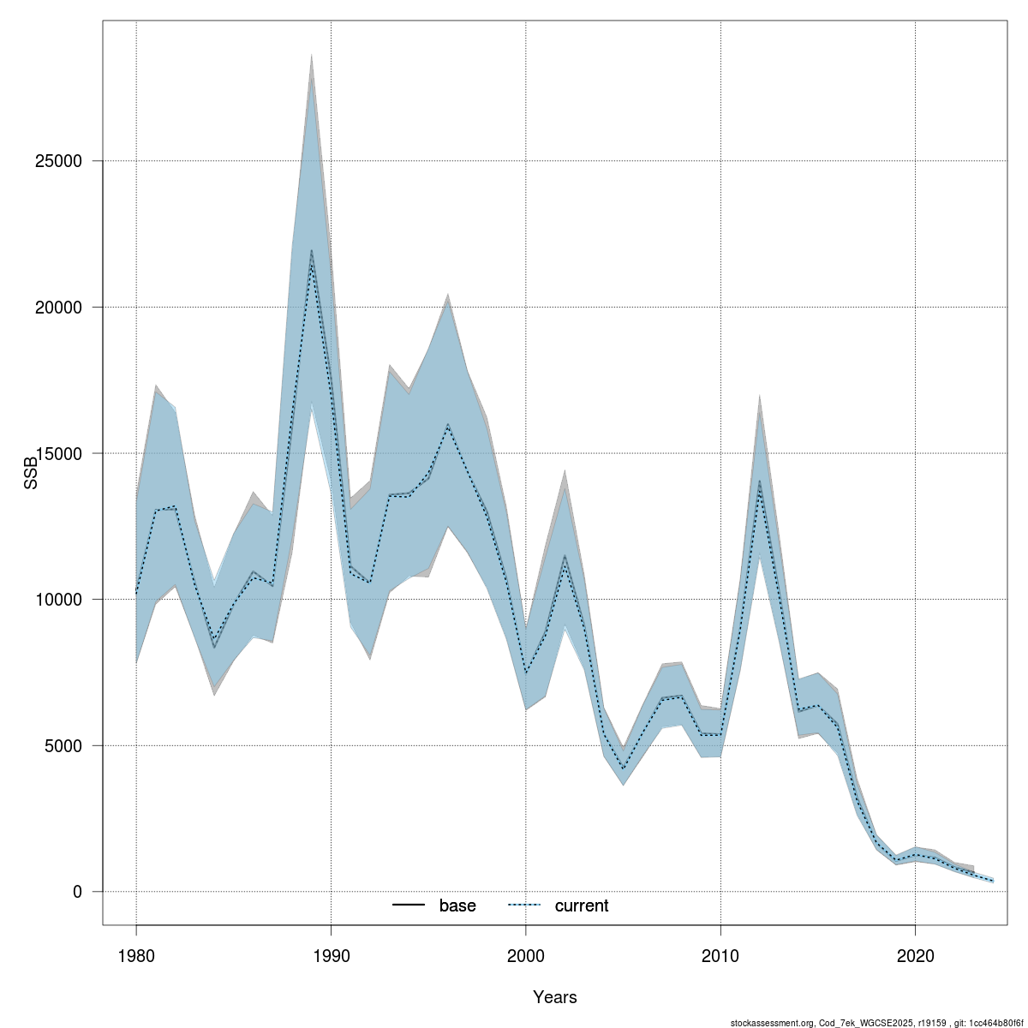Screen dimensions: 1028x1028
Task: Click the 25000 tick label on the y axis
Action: point(65,161)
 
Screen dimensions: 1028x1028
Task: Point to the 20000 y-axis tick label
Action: point(65,308)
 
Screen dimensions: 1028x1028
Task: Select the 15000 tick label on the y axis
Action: point(65,453)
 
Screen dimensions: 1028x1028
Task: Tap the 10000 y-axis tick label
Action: point(65,600)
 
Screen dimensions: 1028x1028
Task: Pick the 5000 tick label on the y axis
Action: point(69,745)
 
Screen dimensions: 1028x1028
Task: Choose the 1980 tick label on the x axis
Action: point(136,955)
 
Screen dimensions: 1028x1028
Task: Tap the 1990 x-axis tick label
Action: point(331,955)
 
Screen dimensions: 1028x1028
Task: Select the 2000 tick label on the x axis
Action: point(525,955)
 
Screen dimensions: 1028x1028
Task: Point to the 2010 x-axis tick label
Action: point(720,955)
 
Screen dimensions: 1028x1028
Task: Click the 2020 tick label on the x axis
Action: point(915,955)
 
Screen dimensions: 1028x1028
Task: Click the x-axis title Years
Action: point(554,997)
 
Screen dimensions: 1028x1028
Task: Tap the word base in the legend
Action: point(457,905)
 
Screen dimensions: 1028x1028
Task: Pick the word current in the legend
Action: point(582,905)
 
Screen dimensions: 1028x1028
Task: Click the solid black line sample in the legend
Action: point(409,905)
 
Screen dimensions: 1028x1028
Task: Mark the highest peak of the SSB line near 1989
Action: point(311,250)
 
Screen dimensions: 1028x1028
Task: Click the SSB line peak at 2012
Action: point(759,482)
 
